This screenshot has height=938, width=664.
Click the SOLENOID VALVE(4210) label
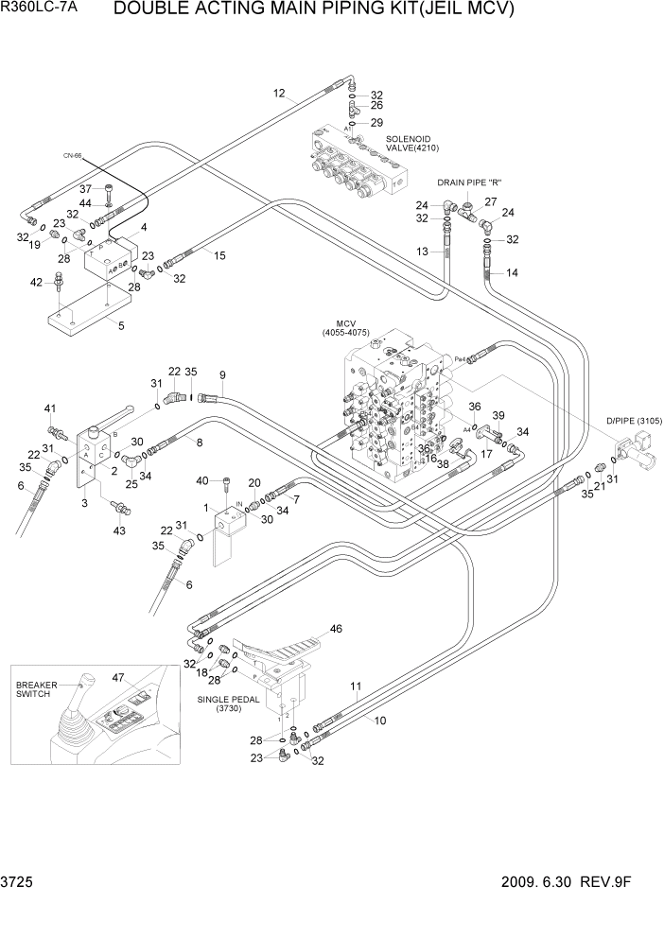412,143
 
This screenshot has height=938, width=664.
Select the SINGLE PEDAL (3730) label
227,703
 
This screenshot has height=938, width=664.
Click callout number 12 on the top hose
278,93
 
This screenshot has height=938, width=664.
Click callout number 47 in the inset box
118,677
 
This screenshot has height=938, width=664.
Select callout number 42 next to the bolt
36,282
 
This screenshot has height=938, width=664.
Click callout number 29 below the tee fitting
376,123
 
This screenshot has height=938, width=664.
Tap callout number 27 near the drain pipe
491,201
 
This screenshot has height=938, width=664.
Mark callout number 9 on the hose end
222,374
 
